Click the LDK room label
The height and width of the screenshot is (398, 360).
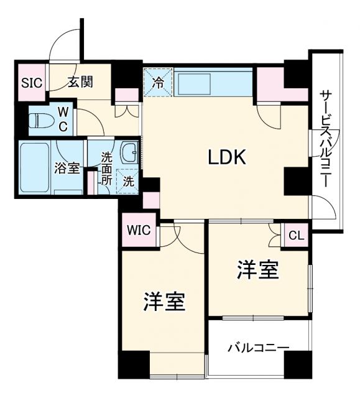coord(227,157)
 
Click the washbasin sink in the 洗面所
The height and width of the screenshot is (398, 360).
coord(130,152)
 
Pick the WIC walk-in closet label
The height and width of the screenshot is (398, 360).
coord(139,231)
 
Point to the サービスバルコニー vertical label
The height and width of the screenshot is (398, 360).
coord(325,140)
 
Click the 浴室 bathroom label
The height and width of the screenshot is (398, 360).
coord(67,168)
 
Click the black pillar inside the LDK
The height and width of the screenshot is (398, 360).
coord(296,181)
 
